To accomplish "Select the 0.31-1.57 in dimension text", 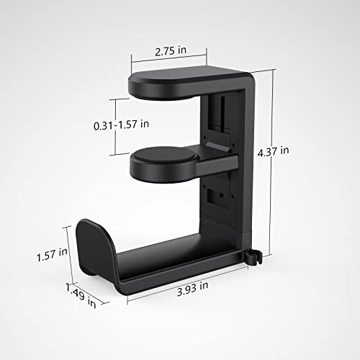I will tap(122, 125).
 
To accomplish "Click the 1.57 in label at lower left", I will tap(52, 253).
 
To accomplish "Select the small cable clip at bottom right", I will tap(251, 254).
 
